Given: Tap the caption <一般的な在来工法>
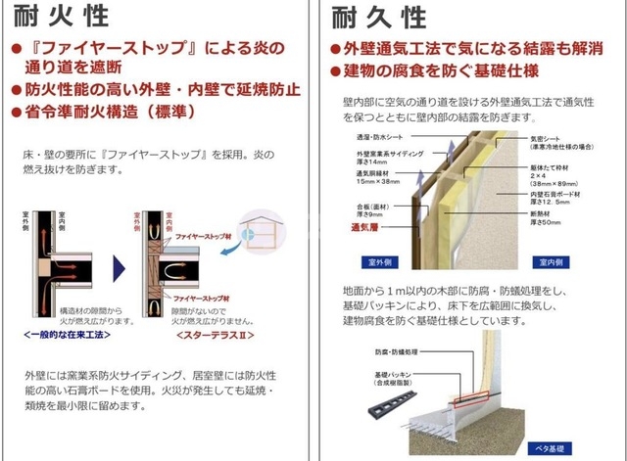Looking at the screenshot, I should [64, 334].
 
